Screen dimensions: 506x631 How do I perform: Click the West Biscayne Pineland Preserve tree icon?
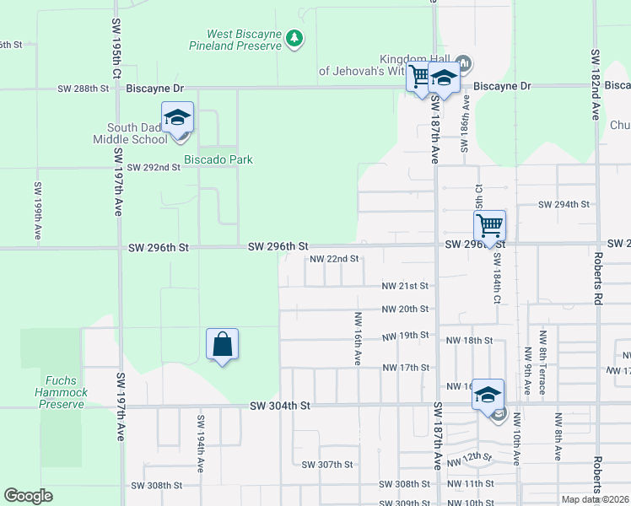point(294,38)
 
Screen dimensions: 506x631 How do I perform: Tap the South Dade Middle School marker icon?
point(178,117)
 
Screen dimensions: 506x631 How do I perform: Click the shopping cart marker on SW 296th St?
point(489,226)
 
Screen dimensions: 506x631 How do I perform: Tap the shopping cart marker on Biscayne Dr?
point(419,78)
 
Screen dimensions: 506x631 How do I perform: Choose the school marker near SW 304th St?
point(488,394)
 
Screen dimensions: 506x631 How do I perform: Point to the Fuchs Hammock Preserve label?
point(62,392)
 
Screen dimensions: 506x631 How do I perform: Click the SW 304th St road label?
point(280,406)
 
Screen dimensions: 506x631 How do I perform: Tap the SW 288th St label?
point(84,88)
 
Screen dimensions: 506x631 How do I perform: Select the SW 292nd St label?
point(154,167)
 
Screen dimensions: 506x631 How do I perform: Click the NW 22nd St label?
point(335,259)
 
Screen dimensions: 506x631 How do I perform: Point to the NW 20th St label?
point(406,310)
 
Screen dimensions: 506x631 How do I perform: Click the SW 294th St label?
point(564,205)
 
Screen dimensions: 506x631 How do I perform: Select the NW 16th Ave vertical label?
point(358,338)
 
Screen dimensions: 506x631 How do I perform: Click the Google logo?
point(28,496)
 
